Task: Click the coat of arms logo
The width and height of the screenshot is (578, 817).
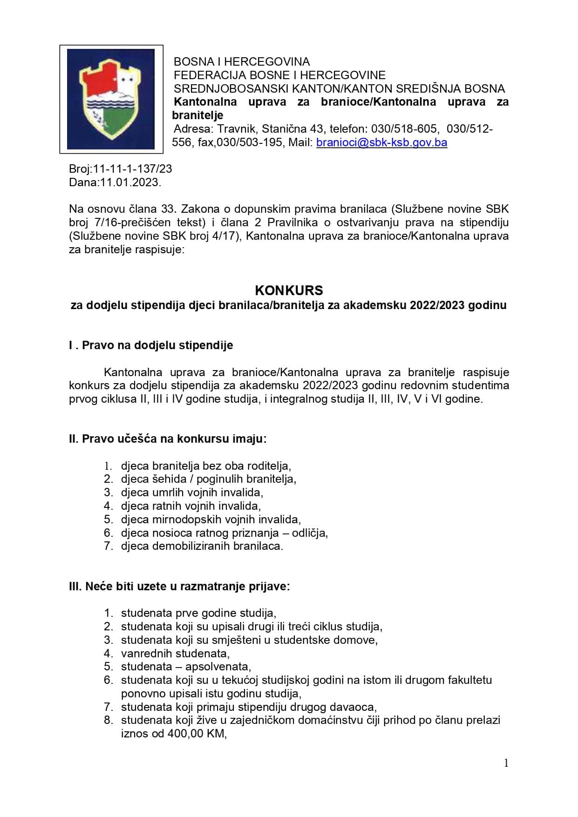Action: [111, 99]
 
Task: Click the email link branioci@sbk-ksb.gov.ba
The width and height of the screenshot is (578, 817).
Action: [381, 142]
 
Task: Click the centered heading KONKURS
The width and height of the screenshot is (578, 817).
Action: [289, 290]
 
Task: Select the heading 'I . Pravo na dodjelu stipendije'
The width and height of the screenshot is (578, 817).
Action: [151, 345]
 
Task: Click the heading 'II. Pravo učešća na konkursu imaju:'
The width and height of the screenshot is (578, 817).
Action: [168, 439]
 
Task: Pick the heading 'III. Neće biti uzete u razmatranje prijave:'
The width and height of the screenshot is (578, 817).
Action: [179, 586]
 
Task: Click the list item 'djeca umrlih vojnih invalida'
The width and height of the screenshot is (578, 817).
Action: [192, 493]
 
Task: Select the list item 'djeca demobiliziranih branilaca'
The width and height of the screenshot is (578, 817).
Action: [202, 546]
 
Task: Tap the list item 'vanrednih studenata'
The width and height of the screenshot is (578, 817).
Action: [175, 654]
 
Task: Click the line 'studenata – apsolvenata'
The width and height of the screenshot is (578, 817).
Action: [186, 667]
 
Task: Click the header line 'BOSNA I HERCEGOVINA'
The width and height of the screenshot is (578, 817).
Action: [241, 62]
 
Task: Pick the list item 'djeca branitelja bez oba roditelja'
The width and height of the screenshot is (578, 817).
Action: [206, 466]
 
